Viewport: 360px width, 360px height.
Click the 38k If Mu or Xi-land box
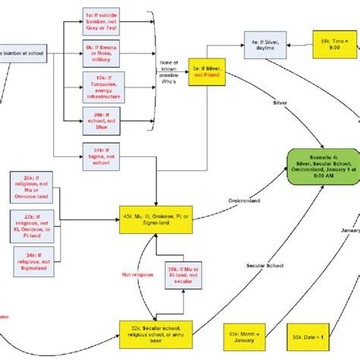[x=182, y=275]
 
